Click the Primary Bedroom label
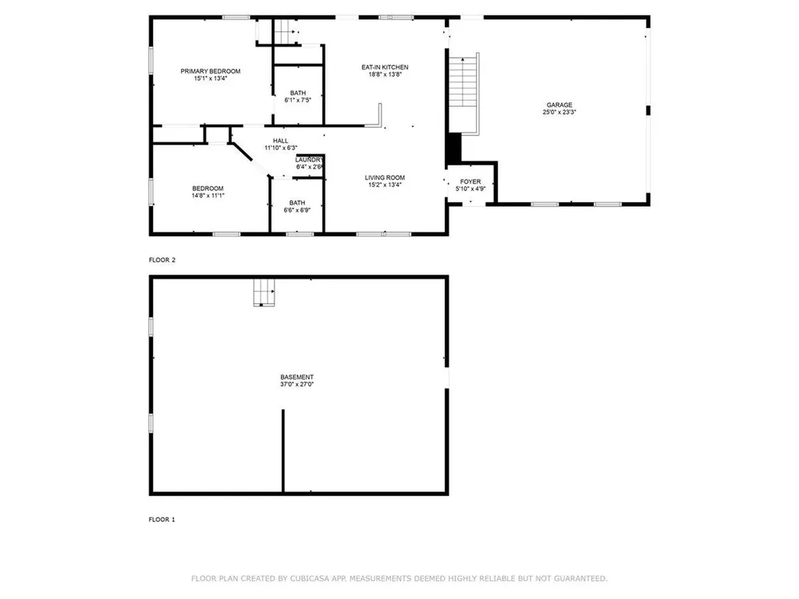pyautogui.click(x=211, y=71)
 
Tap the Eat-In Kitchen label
pyautogui.click(x=385, y=67)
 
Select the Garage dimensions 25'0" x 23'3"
pyautogui.click(x=559, y=112)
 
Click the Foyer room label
pyautogui.click(x=471, y=181)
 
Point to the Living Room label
pyautogui.click(x=385, y=178)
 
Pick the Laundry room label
pyautogui.click(x=309, y=160)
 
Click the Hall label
pyautogui.click(x=281, y=140)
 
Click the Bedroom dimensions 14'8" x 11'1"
pyautogui.click(x=208, y=196)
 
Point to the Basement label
pyautogui.click(x=297, y=377)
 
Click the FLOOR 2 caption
pyautogui.click(x=162, y=260)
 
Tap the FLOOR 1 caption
pyautogui.click(x=162, y=519)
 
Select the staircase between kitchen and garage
pyautogui.click(x=463, y=81)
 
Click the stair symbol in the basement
pyautogui.click(x=264, y=293)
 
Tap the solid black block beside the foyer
pyautogui.click(x=453, y=149)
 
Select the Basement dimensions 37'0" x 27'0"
pyautogui.click(x=297, y=385)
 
